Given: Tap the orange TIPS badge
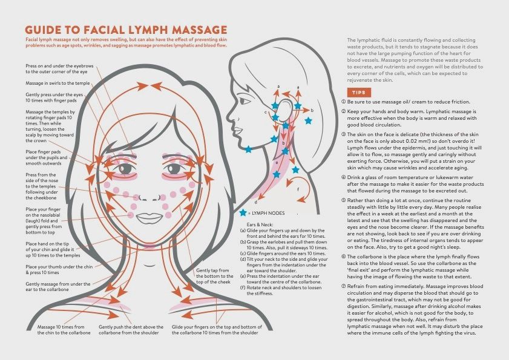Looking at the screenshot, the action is (x=359, y=93).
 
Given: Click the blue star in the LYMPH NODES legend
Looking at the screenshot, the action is (x=243, y=213).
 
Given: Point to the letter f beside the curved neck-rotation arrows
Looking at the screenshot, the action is (x=298, y=189).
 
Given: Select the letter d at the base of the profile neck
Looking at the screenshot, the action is (x=256, y=202).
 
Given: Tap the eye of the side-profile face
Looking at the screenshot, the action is (x=245, y=101).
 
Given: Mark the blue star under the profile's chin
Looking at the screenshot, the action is (x=248, y=149).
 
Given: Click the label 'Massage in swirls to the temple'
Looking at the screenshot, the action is (x=57, y=83).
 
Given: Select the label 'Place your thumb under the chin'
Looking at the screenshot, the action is (x=59, y=267).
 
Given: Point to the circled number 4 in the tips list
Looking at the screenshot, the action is (x=343, y=177).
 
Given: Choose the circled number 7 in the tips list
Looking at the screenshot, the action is (x=343, y=286).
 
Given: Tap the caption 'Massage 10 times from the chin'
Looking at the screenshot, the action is (x=64, y=330).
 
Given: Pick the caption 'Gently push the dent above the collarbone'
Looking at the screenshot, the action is (x=131, y=330).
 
